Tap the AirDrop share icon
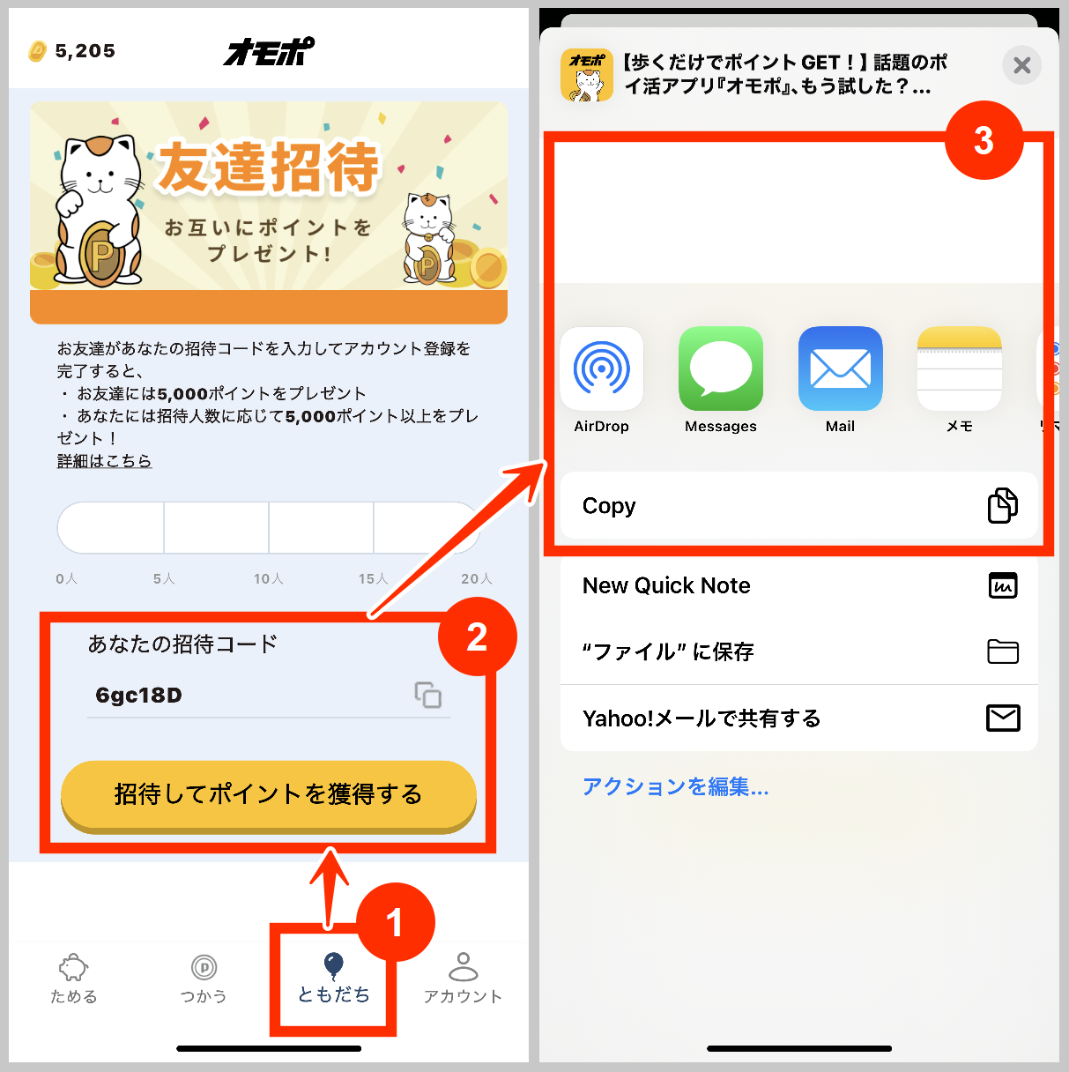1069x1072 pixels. click(x=602, y=368)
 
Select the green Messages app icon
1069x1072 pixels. click(x=721, y=368)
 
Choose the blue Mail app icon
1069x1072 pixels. click(x=840, y=368)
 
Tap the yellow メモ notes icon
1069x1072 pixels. click(x=959, y=368)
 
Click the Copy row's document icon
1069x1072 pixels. click(x=1002, y=505)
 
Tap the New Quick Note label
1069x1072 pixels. click(x=666, y=585)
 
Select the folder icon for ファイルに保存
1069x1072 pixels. click(x=1003, y=651)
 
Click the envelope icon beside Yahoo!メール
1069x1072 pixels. click(x=1003, y=718)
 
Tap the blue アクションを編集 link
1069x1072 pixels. click(x=675, y=786)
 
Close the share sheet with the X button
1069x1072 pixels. click(x=1022, y=65)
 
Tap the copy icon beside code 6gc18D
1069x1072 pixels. click(x=428, y=695)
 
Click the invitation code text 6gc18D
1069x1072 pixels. click(x=139, y=696)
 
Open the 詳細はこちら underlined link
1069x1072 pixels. click(x=104, y=461)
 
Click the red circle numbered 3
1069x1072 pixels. click(x=984, y=140)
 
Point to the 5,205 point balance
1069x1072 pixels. click(x=85, y=51)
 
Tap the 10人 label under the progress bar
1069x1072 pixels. click(x=269, y=578)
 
